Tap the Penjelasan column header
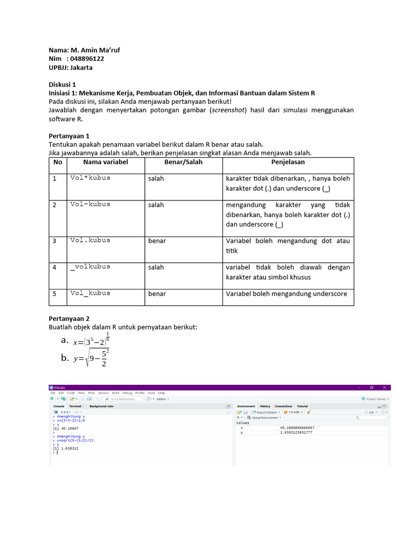288,162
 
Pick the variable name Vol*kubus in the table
90,178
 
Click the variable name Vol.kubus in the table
90,240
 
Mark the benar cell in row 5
157,294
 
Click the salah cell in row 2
156,205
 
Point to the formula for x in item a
93,341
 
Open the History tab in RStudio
265,406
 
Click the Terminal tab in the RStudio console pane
75,406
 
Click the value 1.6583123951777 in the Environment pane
296,433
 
